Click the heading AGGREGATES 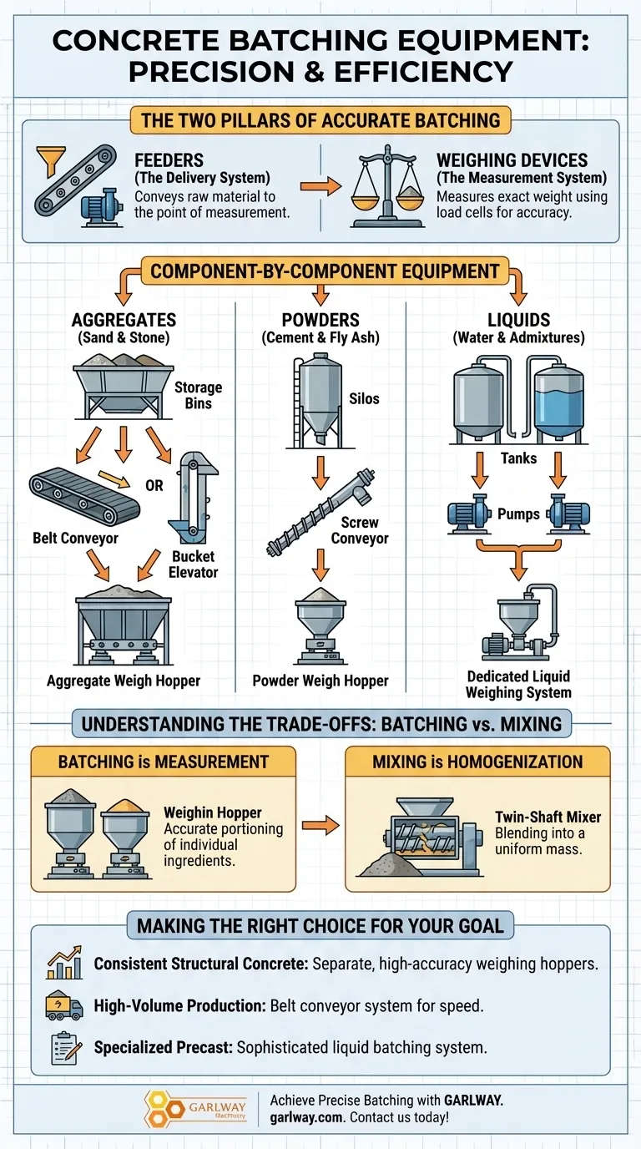pyautogui.click(x=124, y=320)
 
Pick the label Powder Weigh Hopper pyautogui.click(x=320, y=681)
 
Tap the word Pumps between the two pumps pyautogui.click(x=518, y=514)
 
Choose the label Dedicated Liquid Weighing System pyautogui.click(x=518, y=684)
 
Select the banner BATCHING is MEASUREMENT pyautogui.click(x=164, y=762)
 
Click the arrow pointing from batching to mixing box pyautogui.click(x=320, y=826)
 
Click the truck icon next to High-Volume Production pyautogui.click(x=63, y=1006)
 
